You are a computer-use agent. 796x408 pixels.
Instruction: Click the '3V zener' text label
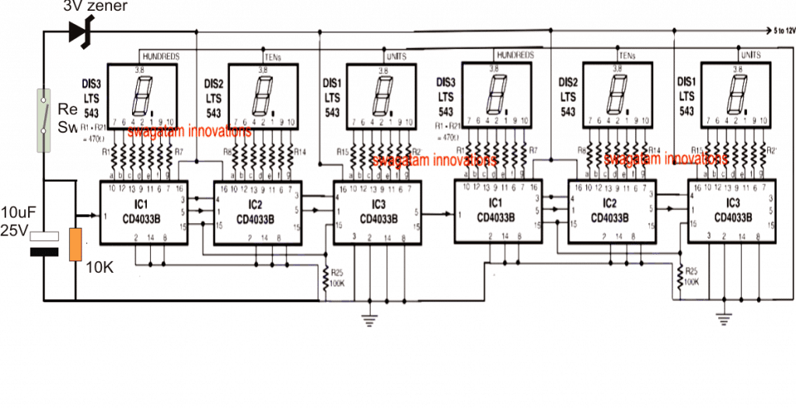tap(95, 7)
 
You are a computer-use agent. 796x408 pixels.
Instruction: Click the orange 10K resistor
tap(75, 244)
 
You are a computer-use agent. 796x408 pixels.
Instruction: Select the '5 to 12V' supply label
tap(781, 31)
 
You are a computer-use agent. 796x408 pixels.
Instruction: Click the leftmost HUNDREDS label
tap(162, 57)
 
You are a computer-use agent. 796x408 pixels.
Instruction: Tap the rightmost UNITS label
tap(751, 57)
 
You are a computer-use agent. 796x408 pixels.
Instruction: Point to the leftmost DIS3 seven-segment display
tap(141, 96)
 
